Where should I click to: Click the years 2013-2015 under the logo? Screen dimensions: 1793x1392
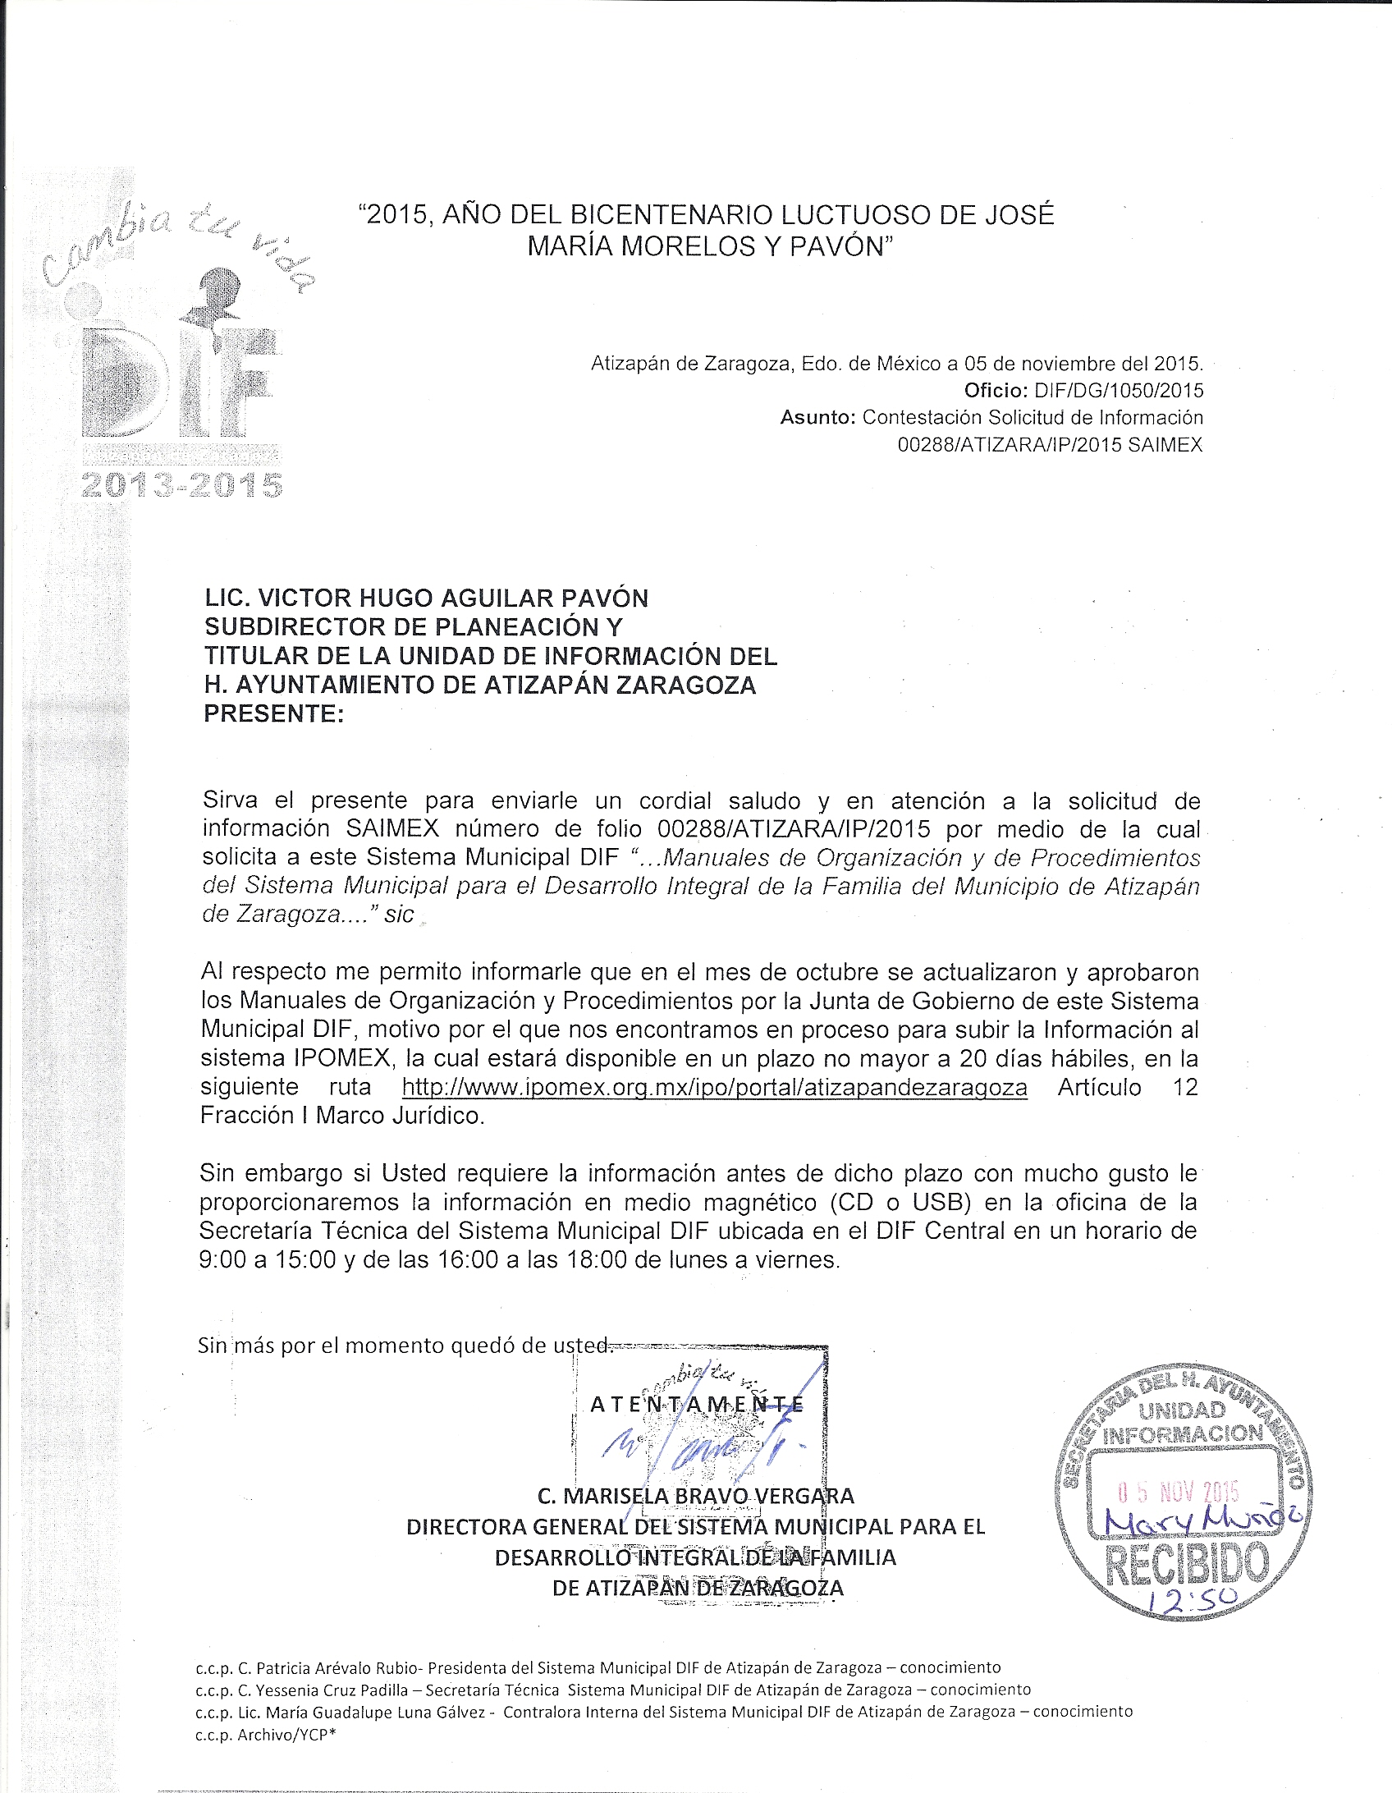coord(182,486)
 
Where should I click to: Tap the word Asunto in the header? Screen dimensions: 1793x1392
coord(816,417)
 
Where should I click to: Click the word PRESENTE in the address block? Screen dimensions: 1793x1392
coord(271,713)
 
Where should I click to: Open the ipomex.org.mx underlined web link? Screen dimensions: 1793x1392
coord(714,1087)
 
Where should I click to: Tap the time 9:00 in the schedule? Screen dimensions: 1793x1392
coord(222,1259)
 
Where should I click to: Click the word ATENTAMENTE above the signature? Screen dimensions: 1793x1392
coord(697,1404)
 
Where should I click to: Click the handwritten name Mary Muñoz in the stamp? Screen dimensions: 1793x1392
coord(1203,1523)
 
